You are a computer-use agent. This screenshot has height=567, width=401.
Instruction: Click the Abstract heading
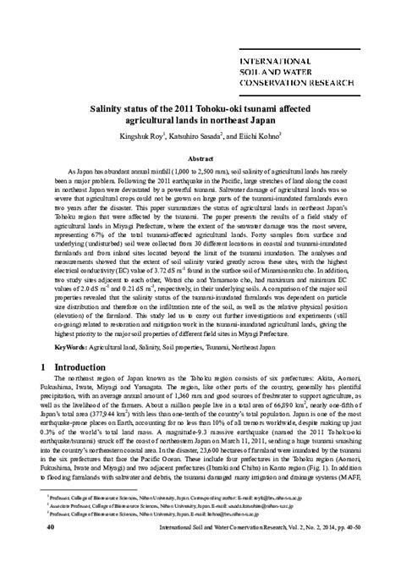point(200,158)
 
